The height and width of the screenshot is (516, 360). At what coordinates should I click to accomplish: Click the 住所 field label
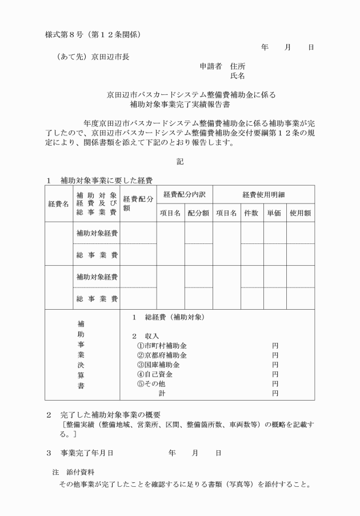point(238,66)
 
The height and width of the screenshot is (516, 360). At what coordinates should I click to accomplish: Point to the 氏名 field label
point(238,75)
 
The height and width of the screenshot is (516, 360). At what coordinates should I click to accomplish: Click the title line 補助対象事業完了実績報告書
point(179,105)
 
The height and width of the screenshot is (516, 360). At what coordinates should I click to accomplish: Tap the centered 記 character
point(180,162)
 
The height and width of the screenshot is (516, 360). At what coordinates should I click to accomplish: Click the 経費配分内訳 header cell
point(185,194)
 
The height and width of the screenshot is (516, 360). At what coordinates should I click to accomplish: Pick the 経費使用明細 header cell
point(263,194)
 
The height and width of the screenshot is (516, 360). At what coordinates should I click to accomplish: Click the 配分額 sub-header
point(198,213)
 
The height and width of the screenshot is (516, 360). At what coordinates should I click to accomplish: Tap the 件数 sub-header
point(252,213)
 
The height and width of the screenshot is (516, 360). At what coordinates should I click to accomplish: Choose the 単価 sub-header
point(274,213)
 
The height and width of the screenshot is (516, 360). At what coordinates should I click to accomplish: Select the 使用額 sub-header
point(300,213)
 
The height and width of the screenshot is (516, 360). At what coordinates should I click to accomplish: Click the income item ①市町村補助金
point(162,346)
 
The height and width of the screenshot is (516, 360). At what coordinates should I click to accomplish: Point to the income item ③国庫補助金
point(158,365)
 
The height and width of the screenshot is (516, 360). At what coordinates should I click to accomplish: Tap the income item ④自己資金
point(155,374)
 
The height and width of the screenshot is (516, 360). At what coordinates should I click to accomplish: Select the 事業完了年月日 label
point(87,453)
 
